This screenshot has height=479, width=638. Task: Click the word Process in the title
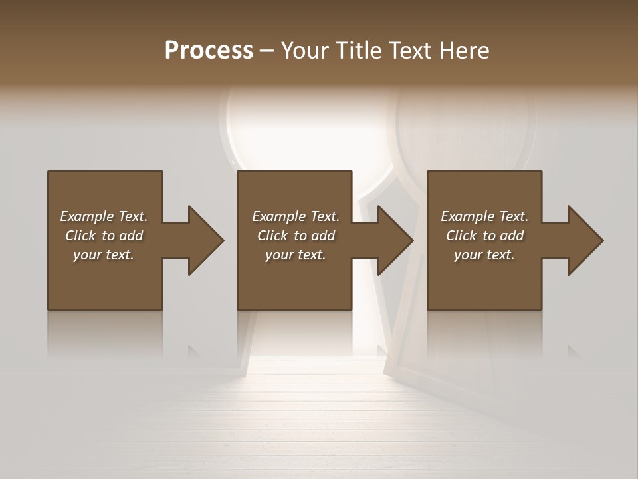click(209, 51)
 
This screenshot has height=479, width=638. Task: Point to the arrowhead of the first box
click(203, 240)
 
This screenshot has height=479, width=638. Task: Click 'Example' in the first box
click(86, 216)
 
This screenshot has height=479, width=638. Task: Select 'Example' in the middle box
click(278, 216)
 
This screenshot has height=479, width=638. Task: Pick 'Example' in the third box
click(467, 216)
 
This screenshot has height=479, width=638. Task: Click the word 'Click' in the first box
click(80, 236)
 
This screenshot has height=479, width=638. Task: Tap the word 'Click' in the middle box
click(272, 236)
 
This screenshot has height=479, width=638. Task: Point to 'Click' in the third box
click(461, 236)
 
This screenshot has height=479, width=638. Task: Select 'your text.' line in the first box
click(104, 255)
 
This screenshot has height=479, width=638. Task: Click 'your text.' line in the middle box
click(296, 255)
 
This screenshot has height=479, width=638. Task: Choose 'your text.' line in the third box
click(484, 255)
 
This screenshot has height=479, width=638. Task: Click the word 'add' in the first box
click(132, 236)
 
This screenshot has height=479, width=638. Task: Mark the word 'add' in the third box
click(512, 236)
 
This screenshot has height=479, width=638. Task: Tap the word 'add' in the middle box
click(324, 236)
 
